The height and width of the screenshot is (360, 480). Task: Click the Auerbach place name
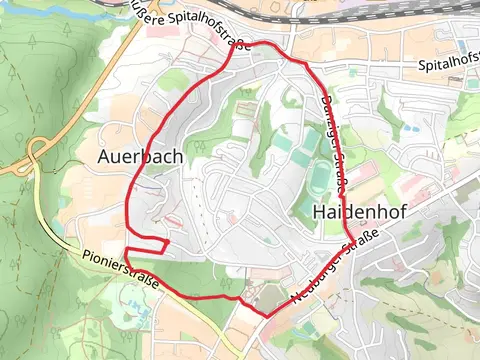coord(140,157)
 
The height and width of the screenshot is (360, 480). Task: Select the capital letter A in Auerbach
coord(106,157)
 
